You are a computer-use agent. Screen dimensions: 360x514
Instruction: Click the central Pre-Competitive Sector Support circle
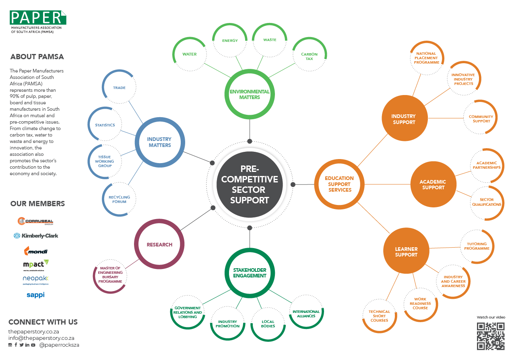(x=250, y=184)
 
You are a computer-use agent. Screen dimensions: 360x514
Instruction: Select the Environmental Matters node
(x=250, y=95)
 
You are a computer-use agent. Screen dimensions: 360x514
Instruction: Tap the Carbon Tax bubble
(x=309, y=56)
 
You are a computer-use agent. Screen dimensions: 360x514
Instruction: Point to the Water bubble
(x=190, y=54)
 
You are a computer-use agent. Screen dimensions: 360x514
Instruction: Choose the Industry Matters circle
(x=159, y=142)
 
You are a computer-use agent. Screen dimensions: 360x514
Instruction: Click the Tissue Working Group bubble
(x=105, y=161)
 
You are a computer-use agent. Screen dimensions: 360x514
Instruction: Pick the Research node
(x=159, y=244)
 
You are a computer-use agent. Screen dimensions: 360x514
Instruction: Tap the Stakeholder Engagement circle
(x=250, y=273)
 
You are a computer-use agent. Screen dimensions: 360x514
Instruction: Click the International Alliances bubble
(x=306, y=313)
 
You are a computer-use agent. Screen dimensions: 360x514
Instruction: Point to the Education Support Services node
(x=339, y=184)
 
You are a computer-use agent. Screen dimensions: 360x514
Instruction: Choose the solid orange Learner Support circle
(x=406, y=252)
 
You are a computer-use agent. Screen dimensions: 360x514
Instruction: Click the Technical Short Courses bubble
(x=379, y=316)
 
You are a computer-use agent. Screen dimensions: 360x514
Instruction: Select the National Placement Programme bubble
(x=427, y=58)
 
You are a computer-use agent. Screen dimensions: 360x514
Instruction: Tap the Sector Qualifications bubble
(x=487, y=202)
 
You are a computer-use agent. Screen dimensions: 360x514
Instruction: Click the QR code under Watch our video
(x=491, y=336)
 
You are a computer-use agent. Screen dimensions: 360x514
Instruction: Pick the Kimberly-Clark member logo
(x=36, y=236)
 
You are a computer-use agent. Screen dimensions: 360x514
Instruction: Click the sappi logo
(x=35, y=295)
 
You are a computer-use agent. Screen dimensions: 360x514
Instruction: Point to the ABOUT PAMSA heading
(x=37, y=57)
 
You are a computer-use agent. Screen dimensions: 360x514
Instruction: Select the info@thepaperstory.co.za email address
(x=41, y=338)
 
